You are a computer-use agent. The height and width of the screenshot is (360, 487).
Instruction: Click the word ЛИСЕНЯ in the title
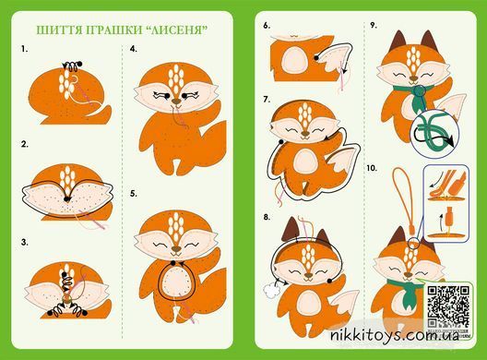[176, 30]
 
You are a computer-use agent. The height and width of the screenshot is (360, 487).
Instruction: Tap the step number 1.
[25, 49]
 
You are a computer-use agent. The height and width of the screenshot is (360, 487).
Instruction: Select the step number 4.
[133, 49]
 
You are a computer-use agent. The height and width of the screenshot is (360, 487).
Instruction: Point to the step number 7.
[267, 100]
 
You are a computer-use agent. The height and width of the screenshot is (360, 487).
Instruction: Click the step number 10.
[372, 168]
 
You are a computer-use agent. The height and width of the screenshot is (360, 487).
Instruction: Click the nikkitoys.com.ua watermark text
[395, 335]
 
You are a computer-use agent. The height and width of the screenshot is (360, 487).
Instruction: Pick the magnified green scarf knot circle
[434, 131]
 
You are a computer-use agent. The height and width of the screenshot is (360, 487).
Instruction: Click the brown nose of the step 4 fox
[176, 102]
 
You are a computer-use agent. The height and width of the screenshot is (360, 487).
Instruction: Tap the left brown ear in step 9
[398, 41]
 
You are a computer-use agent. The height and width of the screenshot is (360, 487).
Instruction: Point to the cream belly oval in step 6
[294, 59]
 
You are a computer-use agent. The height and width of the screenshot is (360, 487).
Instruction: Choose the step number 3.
[25, 243]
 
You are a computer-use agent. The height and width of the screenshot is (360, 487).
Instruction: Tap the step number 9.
[373, 26]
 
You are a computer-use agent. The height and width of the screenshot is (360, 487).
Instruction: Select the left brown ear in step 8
[291, 230]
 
